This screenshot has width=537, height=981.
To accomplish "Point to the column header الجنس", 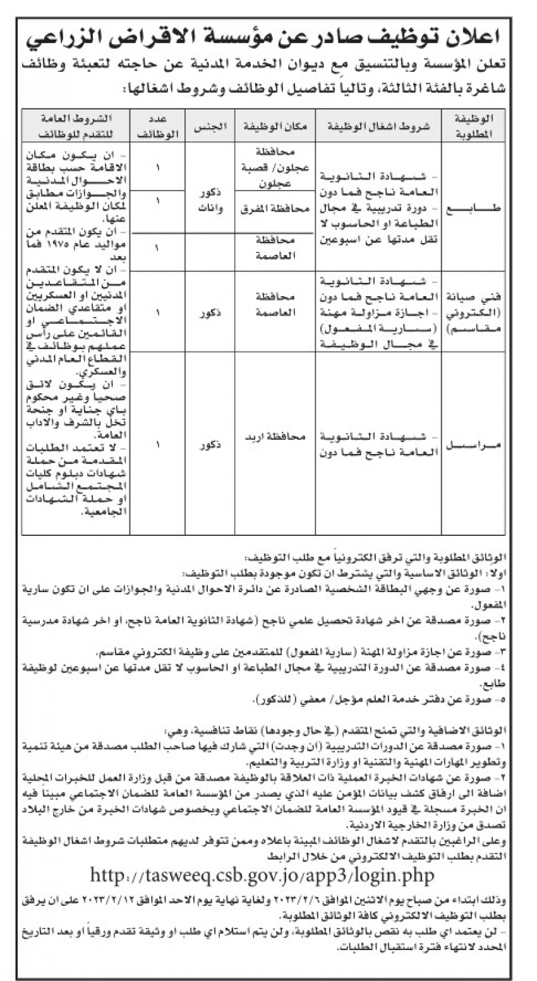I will (x=210, y=126).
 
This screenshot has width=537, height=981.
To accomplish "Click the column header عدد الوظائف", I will (x=157, y=126).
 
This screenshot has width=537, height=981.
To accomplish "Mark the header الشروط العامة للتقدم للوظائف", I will (x=76, y=126).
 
